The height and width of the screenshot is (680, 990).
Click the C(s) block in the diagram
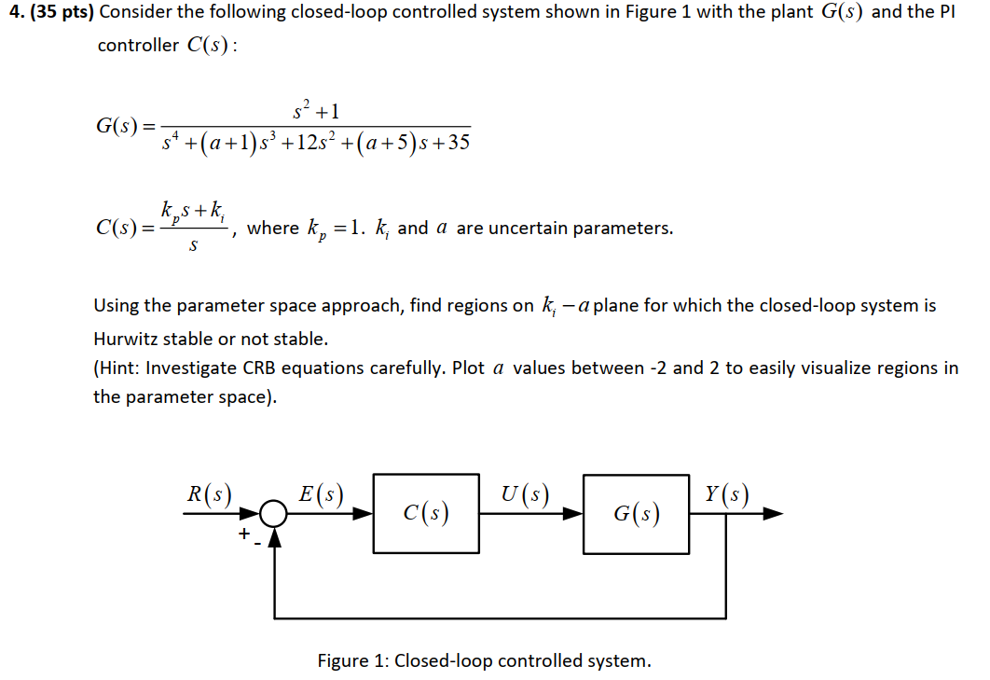pos(426,513)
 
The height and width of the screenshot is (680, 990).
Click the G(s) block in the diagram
pos(637,513)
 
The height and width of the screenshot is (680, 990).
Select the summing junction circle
pos(274,513)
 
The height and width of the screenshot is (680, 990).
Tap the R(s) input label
pos(209,494)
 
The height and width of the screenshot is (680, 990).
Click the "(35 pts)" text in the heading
pos(62,13)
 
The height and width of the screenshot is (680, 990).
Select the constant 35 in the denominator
pos(459,142)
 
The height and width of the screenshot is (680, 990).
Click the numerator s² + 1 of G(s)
pos(316,112)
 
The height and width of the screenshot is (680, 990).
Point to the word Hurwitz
pos(126,338)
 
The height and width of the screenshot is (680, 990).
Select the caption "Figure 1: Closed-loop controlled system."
pos(484,660)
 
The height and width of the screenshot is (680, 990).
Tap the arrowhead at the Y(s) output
pos(773,513)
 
